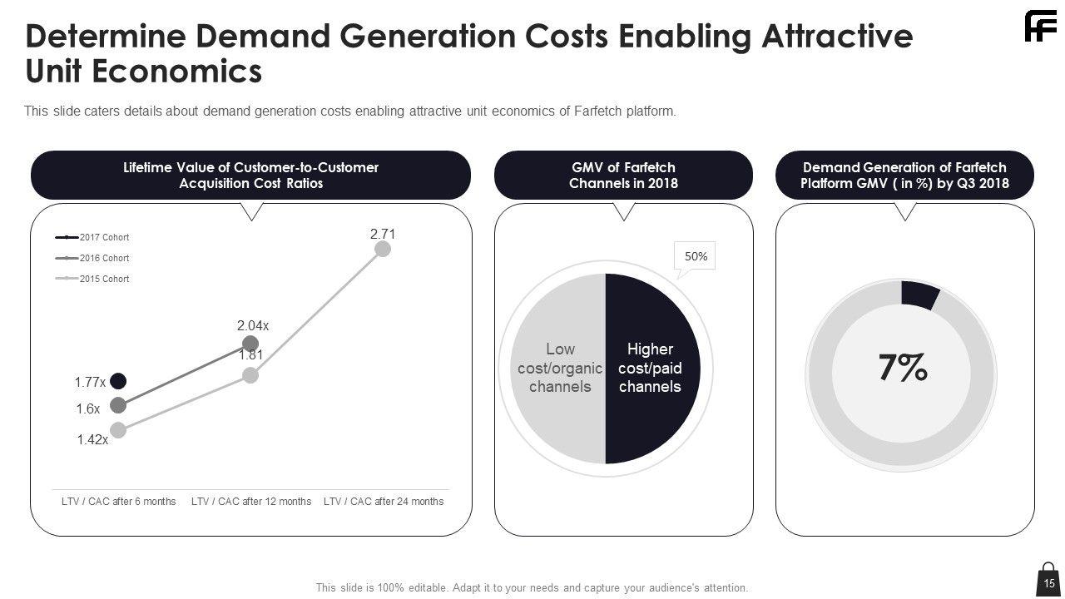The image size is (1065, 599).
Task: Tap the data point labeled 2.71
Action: (383, 249)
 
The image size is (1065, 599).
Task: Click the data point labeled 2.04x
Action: (250, 344)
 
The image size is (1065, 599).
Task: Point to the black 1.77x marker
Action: (118, 381)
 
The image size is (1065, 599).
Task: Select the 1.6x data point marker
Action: (118, 405)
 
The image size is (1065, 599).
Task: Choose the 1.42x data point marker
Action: (118, 430)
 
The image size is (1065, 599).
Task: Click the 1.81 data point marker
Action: (250, 375)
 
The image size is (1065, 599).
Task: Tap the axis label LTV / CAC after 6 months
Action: (119, 502)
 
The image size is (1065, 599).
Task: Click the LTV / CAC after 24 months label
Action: (384, 502)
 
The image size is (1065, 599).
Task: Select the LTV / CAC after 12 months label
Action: (251, 502)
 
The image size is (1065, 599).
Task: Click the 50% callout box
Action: (696, 257)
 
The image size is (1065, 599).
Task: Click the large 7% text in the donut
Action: (903, 368)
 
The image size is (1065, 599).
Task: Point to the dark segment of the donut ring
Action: (920, 296)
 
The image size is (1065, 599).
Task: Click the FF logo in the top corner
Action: (1040, 27)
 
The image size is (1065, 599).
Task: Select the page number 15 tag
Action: (1049, 582)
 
